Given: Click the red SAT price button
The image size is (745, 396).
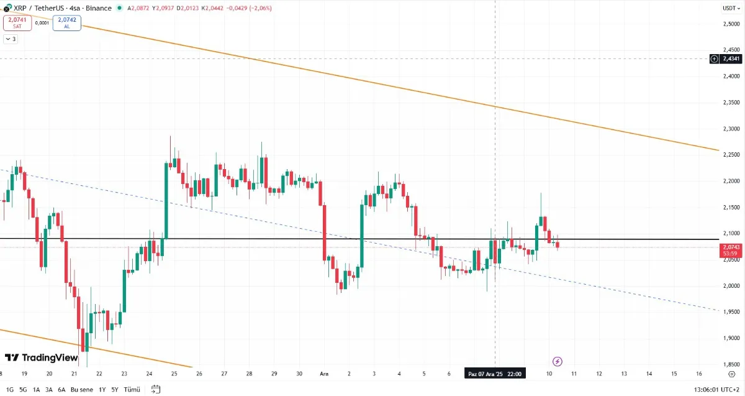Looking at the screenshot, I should [x=16, y=23].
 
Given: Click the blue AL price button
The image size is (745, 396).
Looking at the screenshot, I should [x=66, y=23].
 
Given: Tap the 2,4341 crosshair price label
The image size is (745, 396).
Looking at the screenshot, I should [x=730, y=58].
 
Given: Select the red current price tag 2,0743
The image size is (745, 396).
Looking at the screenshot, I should [x=729, y=250].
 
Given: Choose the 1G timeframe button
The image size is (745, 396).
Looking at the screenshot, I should [x=9, y=389].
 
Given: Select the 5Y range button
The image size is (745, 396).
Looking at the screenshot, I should [x=115, y=389].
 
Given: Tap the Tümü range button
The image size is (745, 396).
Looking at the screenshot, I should [x=132, y=389].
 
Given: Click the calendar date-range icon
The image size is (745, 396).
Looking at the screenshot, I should [x=156, y=389].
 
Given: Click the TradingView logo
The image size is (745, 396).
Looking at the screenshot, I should [x=41, y=357].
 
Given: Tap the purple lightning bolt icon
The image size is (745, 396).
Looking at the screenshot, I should [x=558, y=361].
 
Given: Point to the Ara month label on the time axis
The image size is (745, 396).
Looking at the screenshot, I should [x=323, y=374].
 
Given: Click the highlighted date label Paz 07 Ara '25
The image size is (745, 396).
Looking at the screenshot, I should [x=495, y=374].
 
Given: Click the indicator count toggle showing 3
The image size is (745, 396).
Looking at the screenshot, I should [x=11, y=39].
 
